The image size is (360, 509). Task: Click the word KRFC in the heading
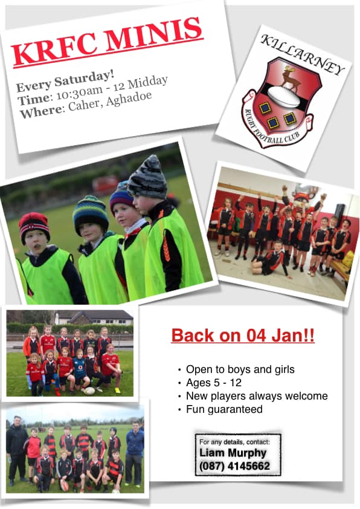pyautogui.click(x=55, y=50)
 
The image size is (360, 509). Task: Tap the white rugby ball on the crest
pyautogui.click(x=283, y=96)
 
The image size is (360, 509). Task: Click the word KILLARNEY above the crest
pyautogui.click(x=302, y=54)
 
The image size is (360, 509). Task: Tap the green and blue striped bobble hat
pyautogui.click(x=91, y=214)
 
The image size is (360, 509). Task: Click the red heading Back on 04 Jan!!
pyautogui.click(x=243, y=336)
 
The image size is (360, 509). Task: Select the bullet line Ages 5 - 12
pyautogui.click(x=214, y=383)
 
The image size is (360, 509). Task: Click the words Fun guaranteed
pyautogui.click(x=224, y=409)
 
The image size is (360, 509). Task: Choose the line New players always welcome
pyautogui.click(x=257, y=396)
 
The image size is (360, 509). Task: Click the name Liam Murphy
pyautogui.click(x=233, y=453)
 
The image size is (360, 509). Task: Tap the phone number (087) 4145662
pyautogui.click(x=234, y=467)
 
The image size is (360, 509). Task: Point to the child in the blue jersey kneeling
pyautogui.click(x=80, y=370)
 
